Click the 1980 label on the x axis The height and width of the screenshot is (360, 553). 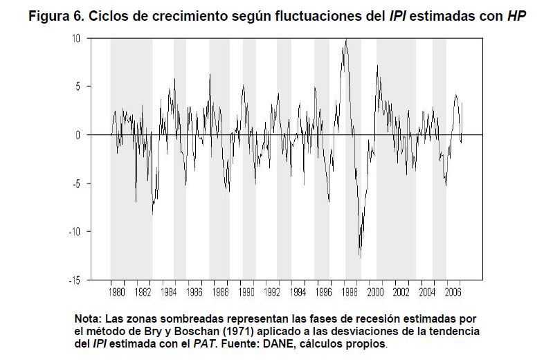click(x=118, y=292)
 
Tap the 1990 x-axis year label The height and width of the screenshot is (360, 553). click(x=248, y=292)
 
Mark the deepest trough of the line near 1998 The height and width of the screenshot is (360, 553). click(x=361, y=258)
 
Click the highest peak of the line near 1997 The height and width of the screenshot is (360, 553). click(x=345, y=40)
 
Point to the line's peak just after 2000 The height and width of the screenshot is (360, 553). click(x=377, y=66)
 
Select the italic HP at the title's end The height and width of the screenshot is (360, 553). click(x=515, y=16)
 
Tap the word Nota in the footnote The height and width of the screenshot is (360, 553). click(x=87, y=319)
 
